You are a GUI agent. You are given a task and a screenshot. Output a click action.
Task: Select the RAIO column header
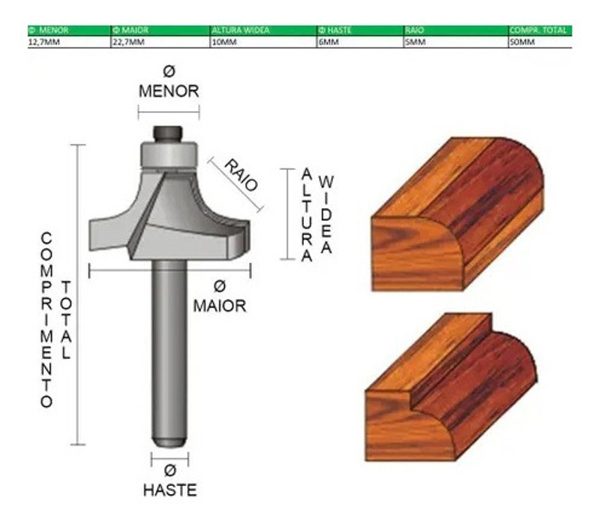point(415,31)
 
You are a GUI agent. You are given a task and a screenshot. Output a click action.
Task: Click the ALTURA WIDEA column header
point(240,31)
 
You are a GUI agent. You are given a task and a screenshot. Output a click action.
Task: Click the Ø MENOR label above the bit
point(169,83)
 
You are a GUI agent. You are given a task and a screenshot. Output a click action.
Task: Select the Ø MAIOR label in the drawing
point(219,297)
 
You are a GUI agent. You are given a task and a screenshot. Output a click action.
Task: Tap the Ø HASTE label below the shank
point(170,481)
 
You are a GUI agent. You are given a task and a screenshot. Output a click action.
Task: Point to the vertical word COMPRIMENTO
point(46,319)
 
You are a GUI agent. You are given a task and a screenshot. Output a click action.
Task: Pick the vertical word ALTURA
point(306,215)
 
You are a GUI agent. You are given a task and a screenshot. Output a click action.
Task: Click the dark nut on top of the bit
point(168,134)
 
